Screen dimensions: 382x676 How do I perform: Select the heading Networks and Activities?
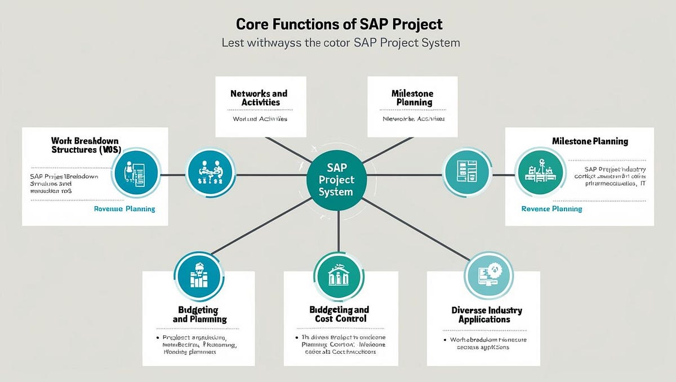pyautogui.click(x=259, y=97)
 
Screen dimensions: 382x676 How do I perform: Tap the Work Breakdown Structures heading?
pyautogui.click(x=86, y=145)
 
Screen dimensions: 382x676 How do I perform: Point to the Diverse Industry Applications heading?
pyautogui.click(x=486, y=314)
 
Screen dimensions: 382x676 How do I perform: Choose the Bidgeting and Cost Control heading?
pyautogui.click(x=339, y=314)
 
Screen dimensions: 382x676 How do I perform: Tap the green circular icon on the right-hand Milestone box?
pyautogui.click(x=540, y=172)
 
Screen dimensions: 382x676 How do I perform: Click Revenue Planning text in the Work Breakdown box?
pyautogui.click(x=124, y=208)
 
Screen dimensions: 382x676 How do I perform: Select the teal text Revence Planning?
pyautogui.click(x=552, y=208)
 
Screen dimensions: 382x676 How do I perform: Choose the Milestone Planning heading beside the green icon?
pyautogui.click(x=590, y=141)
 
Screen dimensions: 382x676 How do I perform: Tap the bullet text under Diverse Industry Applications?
pyautogui.click(x=483, y=344)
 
